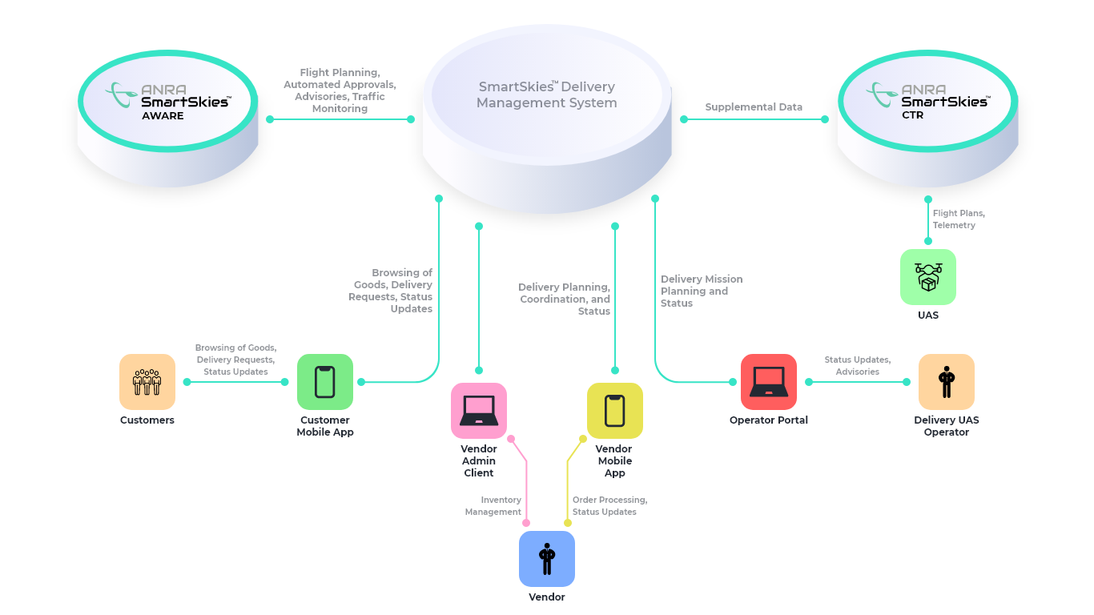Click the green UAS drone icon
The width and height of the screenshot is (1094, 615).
pos(927,277)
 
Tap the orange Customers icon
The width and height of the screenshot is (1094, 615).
pos(147,382)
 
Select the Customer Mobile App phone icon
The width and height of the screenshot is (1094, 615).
pos(325,382)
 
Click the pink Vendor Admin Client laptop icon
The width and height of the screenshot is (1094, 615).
pos(479,411)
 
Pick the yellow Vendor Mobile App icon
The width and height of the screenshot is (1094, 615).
pos(614,411)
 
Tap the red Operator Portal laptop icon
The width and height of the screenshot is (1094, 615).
pos(768,382)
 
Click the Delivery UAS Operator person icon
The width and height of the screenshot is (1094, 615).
pos(947,382)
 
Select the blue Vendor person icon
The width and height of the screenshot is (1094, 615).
pos(547,559)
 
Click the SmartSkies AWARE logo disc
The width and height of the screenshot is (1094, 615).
pos(168,102)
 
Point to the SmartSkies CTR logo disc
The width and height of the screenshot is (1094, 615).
pos(927,102)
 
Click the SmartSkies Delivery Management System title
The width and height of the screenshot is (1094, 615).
pos(547,94)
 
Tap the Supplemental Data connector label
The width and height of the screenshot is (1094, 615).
pos(754,107)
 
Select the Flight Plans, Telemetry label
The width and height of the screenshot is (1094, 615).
pos(959,219)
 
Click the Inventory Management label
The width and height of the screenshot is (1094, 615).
pos(493,506)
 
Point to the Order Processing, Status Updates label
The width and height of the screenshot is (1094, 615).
pos(609,506)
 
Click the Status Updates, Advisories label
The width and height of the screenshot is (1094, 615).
pos(857,366)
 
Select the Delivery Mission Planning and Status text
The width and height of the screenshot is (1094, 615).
pos(701,291)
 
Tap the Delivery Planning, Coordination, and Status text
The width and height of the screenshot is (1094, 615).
pos(565,299)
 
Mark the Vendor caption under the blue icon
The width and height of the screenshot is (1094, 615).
pos(547,597)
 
